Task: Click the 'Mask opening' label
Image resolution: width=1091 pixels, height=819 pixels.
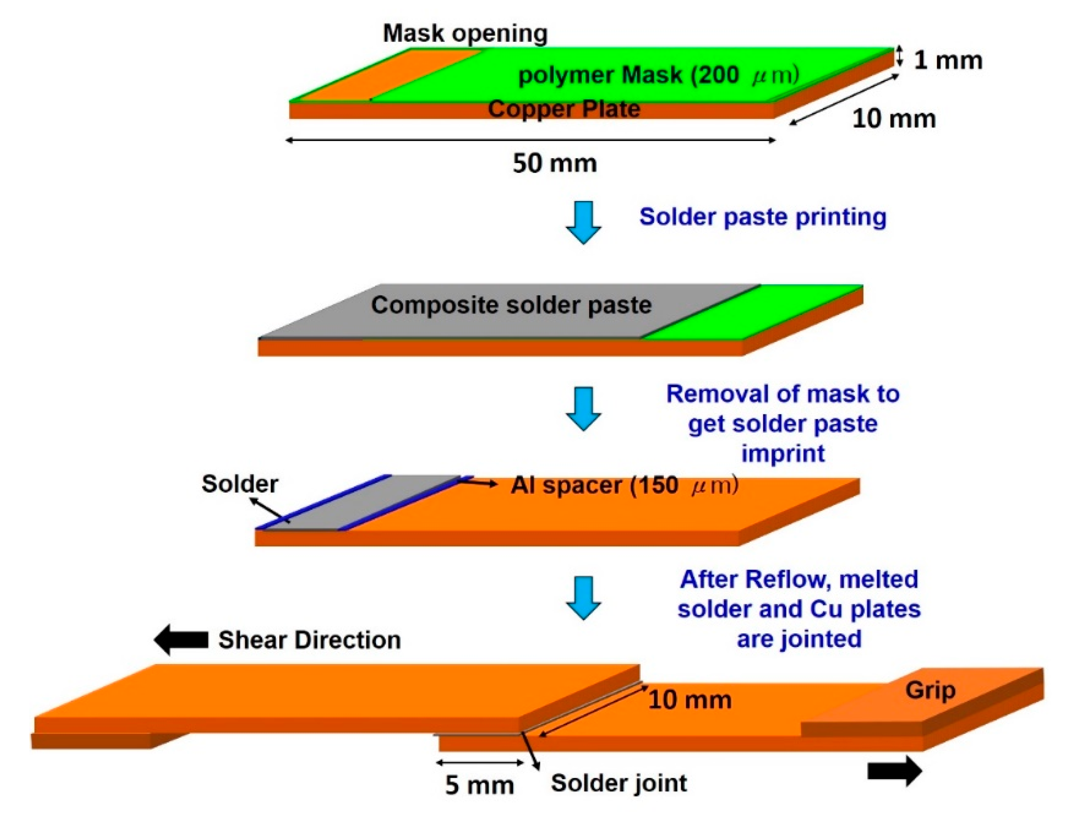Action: (x=465, y=33)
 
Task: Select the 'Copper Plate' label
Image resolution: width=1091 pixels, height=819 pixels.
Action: (x=564, y=109)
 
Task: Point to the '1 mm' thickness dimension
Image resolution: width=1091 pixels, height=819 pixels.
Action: (x=947, y=60)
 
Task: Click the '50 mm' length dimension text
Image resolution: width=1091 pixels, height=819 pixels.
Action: (x=555, y=164)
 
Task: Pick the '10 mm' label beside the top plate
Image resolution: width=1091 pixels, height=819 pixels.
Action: (x=894, y=119)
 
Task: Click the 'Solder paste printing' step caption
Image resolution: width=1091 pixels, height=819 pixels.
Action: (x=763, y=217)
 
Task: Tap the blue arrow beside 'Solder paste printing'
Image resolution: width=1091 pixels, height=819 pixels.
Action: (x=583, y=223)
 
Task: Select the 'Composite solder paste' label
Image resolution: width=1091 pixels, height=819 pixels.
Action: (x=511, y=305)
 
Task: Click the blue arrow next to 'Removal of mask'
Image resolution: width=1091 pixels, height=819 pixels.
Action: (x=583, y=409)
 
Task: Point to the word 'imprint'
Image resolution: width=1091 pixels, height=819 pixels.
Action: (x=783, y=453)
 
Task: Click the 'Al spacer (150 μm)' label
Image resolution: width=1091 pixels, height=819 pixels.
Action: (x=624, y=486)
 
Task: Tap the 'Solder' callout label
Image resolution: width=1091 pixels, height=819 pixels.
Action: (x=240, y=484)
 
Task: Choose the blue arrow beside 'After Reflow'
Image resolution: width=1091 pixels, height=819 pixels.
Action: (x=583, y=597)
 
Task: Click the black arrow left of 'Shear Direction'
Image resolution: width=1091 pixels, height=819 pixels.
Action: (x=181, y=640)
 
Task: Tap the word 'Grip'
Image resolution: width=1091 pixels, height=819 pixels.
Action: (x=930, y=690)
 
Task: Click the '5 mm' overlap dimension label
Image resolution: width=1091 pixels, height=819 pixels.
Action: (x=479, y=785)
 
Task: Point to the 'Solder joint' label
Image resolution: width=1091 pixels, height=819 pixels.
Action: (x=618, y=783)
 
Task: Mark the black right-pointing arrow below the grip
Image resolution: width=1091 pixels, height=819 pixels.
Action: (x=894, y=771)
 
